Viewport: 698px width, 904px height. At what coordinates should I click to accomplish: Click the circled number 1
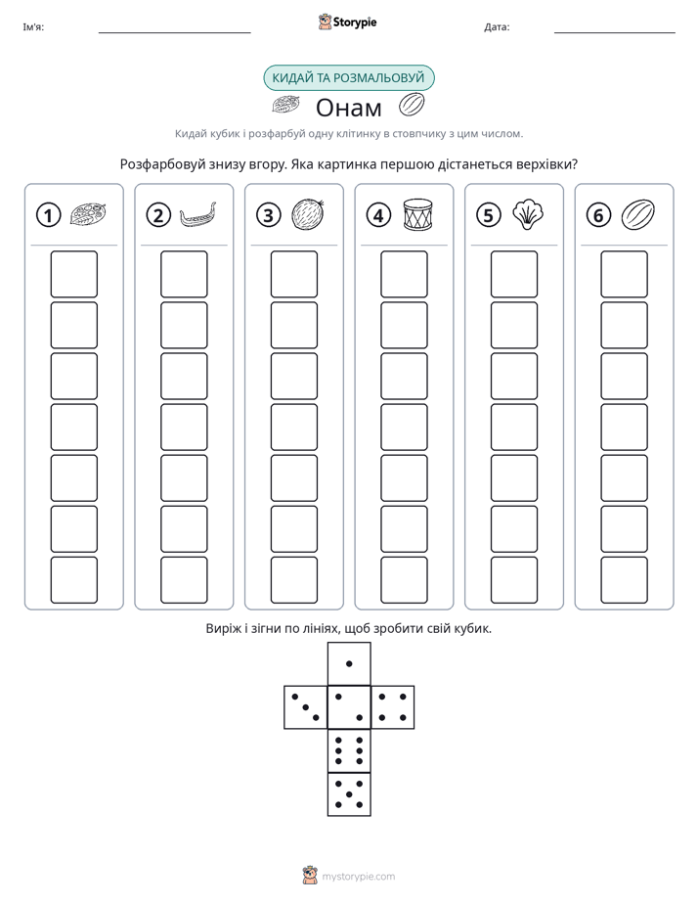click(x=48, y=215)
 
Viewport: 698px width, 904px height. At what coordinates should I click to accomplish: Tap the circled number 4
click(x=378, y=215)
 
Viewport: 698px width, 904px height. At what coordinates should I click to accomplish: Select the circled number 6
click(x=598, y=215)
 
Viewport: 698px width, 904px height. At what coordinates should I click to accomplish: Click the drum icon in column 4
click(x=418, y=215)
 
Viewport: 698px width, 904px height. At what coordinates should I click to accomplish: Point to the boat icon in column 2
click(x=197, y=215)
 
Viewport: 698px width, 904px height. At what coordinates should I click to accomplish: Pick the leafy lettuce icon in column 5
click(x=528, y=215)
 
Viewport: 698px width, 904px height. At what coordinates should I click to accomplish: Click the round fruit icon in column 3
click(x=308, y=215)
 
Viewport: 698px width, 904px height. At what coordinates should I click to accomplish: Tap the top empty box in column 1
click(x=73, y=274)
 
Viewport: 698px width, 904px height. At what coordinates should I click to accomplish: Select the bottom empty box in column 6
click(x=625, y=579)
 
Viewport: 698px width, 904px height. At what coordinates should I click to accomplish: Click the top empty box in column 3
click(x=294, y=274)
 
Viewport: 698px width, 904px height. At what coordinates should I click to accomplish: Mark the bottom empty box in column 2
click(x=185, y=579)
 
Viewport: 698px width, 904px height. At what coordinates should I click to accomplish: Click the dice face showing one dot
click(x=349, y=663)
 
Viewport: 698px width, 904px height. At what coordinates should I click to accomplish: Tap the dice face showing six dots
click(x=349, y=750)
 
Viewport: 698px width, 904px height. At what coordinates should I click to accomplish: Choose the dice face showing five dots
click(x=349, y=794)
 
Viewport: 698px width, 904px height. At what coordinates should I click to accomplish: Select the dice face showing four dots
click(x=393, y=707)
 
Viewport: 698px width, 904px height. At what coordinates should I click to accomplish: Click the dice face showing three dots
click(x=306, y=707)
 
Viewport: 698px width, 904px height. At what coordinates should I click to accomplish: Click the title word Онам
click(x=349, y=108)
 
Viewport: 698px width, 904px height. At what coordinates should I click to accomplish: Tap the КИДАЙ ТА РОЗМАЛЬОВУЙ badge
click(x=349, y=78)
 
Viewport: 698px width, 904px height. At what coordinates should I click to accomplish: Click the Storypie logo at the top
click(x=348, y=22)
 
